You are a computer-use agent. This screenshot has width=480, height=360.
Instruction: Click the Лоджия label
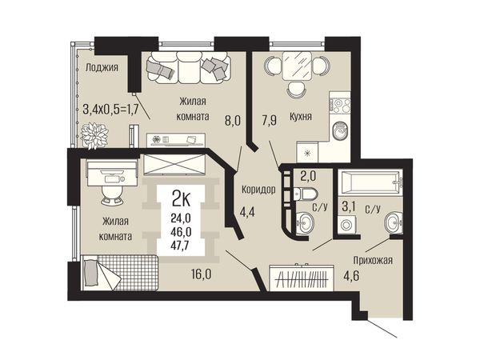[102, 67]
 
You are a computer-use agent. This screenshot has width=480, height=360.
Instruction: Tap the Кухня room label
[301, 116]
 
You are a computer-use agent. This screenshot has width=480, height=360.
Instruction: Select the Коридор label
[258, 190]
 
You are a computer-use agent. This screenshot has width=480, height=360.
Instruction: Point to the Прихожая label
[373, 260]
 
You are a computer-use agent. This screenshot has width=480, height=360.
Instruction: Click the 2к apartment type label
[182, 198]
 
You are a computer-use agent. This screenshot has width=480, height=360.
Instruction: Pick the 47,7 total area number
[182, 246]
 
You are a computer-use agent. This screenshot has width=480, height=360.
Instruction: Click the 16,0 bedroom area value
[202, 274]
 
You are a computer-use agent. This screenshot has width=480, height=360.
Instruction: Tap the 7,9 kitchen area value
[270, 120]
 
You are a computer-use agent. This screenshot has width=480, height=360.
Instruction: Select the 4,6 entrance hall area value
[351, 275]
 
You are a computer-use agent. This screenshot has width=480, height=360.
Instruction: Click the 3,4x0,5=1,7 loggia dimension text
[110, 109]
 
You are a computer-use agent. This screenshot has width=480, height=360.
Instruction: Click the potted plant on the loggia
[94, 136]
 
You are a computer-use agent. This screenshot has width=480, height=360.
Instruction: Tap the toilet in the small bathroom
[306, 194]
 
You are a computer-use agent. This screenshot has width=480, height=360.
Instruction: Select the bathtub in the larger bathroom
[370, 183]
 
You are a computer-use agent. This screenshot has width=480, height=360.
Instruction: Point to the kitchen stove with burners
[340, 105]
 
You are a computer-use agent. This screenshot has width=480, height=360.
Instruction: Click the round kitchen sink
[340, 131]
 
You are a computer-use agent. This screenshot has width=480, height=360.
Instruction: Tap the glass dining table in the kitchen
[297, 66]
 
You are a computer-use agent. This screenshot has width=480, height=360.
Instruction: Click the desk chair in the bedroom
[112, 195]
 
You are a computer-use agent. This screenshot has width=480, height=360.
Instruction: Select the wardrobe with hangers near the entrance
[302, 278]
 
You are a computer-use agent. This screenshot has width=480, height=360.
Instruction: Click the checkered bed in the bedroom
[120, 273]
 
